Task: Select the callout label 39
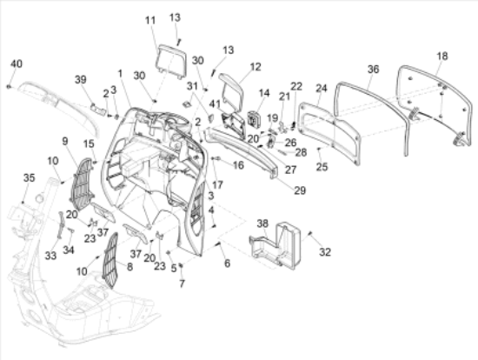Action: click(x=81, y=79)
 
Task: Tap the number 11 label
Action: click(x=149, y=19)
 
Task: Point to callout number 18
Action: click(x=441, y=56)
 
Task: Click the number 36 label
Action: click(x=373, y=69)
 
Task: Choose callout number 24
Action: click(x=321, y=89)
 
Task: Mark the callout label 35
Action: click(x=28, y=177)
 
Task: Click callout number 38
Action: click(x=262, y=223)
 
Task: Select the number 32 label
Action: click(x=324, y=252)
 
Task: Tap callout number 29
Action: click(x=299, y=190)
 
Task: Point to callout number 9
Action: click(x=65, y=140)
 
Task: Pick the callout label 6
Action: click(x=228, y=263)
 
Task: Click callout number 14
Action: click(x=264, y=93)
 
